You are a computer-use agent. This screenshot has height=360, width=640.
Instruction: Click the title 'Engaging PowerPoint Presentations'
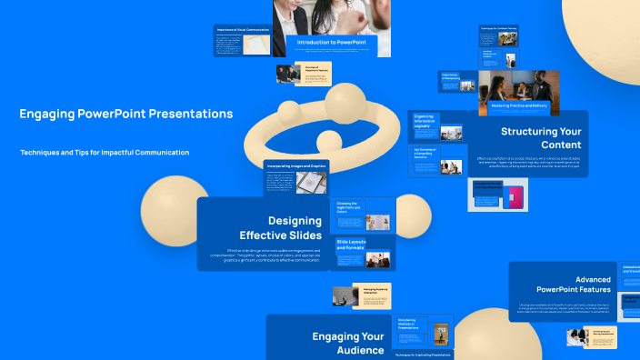[x=125, y=114]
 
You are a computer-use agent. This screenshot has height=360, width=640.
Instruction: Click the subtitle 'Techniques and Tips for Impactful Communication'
[x=105, y=152]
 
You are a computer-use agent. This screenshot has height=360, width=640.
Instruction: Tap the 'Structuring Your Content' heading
[x=541, y=137]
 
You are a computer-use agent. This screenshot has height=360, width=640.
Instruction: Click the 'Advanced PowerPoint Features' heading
[x=579, y=285]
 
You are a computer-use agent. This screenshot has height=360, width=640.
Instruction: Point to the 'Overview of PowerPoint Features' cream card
[x=304, y=74]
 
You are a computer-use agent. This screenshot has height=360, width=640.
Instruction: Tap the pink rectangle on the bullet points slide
[x=515, y=197]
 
